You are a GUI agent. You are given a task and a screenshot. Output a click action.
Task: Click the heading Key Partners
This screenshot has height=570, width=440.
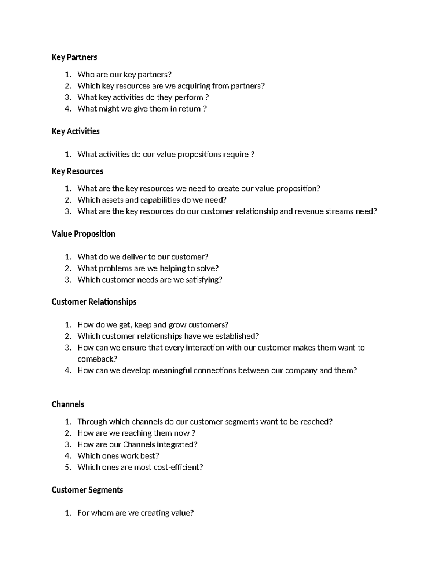click(x=74, y=57)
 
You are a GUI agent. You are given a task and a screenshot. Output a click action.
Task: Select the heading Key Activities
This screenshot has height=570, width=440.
click(x=76, y=131)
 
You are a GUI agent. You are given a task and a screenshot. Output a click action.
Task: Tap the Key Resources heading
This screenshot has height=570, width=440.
click(x=77, y=171)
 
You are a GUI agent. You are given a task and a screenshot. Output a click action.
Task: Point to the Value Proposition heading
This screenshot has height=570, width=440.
click(x=83, y=234)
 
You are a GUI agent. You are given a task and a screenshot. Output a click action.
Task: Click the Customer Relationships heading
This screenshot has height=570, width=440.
click(x=94, y=302)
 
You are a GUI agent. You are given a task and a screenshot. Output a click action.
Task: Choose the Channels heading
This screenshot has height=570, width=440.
click(x=68, y=404)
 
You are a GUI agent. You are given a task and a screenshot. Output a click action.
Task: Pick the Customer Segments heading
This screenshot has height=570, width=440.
click(x=87, y=490)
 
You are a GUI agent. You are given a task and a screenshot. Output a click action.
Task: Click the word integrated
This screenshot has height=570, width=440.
click(x=177, y=444)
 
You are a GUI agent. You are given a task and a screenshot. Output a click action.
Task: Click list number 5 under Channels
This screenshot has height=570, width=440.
click(x=67, y=467)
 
